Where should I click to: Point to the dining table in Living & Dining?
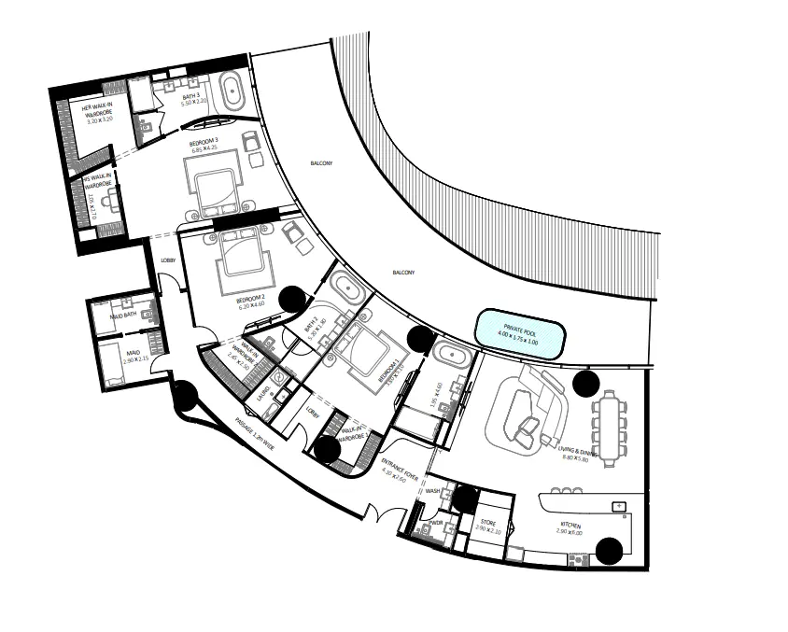pos(611,427)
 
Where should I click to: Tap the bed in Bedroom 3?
pos(215,181)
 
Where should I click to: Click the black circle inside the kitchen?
pos(611,552)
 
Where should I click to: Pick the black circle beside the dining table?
pos(586,381)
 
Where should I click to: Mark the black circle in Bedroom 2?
pos(293,298)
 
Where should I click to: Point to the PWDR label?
pos(435,523)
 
